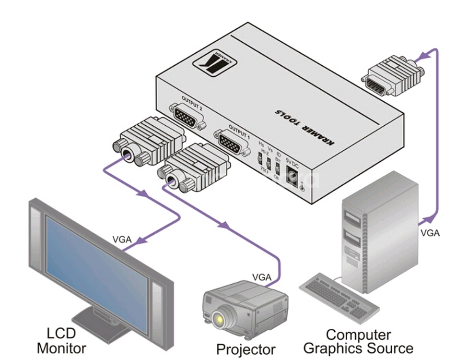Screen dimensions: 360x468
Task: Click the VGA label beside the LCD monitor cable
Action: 122,240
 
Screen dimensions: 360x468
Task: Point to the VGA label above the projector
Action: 262,277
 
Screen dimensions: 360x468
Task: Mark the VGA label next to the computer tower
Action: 430,233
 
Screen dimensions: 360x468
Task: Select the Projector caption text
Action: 246,349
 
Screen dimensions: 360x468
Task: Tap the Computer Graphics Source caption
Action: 358,341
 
